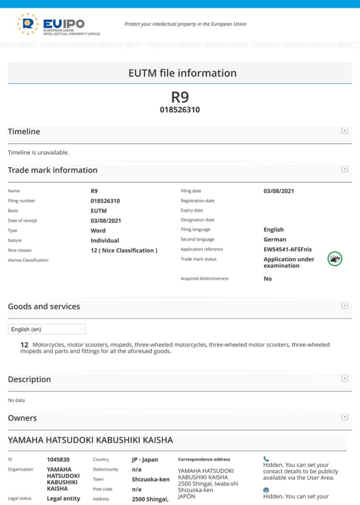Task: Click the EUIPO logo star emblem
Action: (x=28, y=24)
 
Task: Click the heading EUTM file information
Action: (x=182, y=73)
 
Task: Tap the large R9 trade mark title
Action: (x=180, y=97)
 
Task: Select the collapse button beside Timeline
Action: (x=345, y=131)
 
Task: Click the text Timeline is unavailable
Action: (x=38, y=152)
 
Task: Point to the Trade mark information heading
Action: (x=52, y=170)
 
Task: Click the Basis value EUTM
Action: (x=98, y=211)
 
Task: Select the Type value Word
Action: (x=98, y=230)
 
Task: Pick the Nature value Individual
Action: (x=105, y=240)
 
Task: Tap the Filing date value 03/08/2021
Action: (x=279, y=191)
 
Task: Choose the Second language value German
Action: (x=275, y=239)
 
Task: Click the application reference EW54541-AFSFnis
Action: (x=287, y=249)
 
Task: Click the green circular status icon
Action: (x=335, y=259)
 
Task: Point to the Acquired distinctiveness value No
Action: (x=268, y=279)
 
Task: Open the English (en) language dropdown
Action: (x=46, y=329)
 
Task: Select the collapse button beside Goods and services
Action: (x=345, y=305)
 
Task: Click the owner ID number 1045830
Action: (x=58, y=460)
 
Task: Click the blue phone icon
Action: (x=266, y=459)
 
